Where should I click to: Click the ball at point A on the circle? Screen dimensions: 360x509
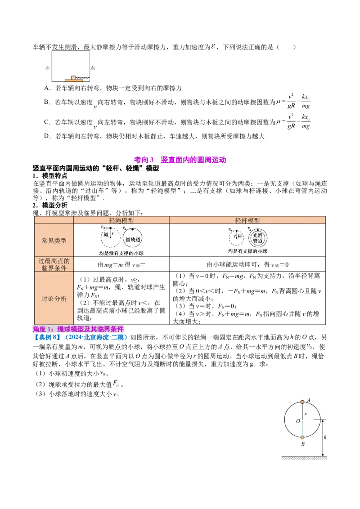tap(302, 402)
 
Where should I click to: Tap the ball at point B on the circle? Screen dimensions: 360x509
tap(302, 438)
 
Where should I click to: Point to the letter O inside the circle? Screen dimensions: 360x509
tap(298, 421)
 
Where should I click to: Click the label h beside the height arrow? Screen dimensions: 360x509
tap(325, 437)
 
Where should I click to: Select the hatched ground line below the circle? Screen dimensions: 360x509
tap(305, 458)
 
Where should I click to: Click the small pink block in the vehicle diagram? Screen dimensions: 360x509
tap(73, 77)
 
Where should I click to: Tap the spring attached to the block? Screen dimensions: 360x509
tap(82, 78)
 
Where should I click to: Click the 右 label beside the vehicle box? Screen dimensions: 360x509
tap(93, 68)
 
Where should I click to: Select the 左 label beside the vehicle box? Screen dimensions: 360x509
tap(48, 68)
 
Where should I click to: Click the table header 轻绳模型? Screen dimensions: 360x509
tap(121, 220)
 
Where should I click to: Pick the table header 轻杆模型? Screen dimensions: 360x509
tap(247, 220)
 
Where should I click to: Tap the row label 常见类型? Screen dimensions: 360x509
tap(54, 241)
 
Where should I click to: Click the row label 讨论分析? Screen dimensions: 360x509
tap(54, 298)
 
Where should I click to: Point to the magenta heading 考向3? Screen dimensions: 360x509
tap(144, 160)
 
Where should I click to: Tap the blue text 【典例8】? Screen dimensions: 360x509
tap(47, 338)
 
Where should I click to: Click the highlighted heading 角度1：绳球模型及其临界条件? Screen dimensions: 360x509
tap(78, 329)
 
